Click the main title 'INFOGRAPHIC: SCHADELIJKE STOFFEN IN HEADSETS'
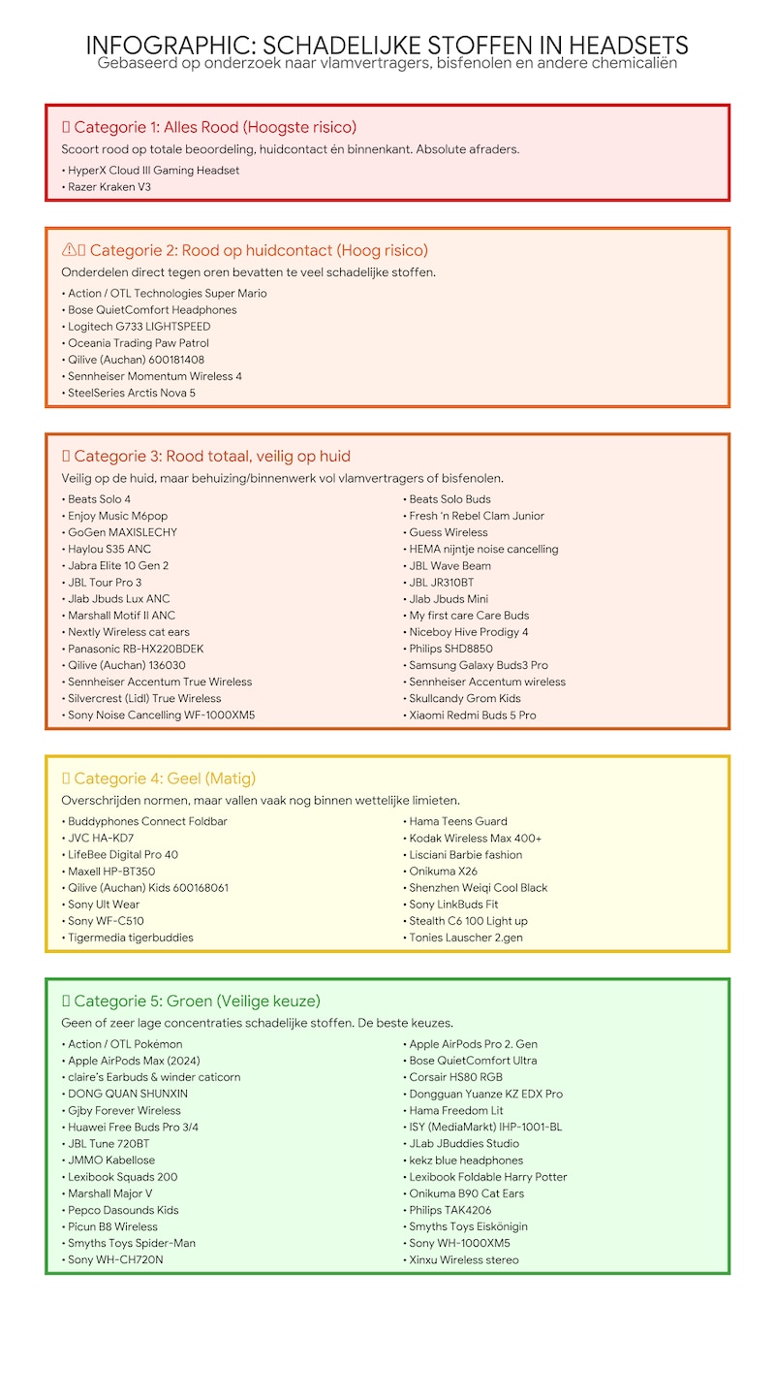[x=387, y=45]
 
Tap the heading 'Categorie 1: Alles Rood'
[x=214, y=127]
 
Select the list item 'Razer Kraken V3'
[x=109, y=186]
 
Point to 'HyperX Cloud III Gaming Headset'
[x=153, y=170]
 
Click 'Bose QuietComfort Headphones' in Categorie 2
[x=152, y=309]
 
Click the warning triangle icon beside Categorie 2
[x=69, y=250]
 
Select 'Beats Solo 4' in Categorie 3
[x=99, y=499]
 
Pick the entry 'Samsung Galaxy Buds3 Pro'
[x=478, y=665]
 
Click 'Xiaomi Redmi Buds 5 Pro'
[x=472, y=715]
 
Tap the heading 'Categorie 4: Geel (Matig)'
[x=164, y=778]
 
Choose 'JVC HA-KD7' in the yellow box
[x=101, y=838]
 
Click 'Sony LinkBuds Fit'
[x=453, y=904]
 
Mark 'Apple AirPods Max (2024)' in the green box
[x=134, y=1061]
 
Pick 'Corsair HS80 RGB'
[x=455, y=1077]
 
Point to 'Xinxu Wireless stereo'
[x=463, y=1259]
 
